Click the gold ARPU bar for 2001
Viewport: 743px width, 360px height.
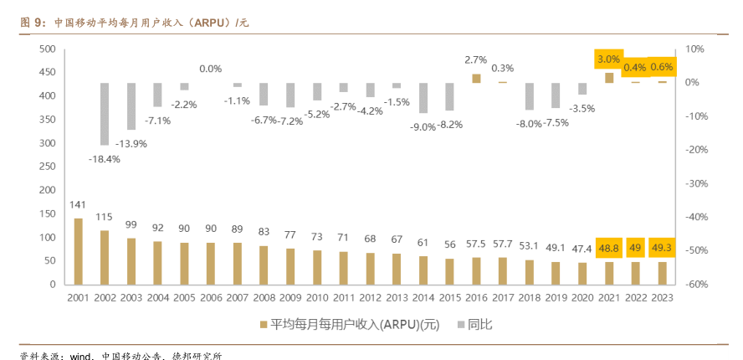pos(78,251)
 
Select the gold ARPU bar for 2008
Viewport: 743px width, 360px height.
pos(264,265)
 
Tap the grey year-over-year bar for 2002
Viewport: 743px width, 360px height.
pos(105,114)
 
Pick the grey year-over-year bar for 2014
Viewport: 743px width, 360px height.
pos(423,98)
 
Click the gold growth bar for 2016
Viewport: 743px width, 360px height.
pos(476,78)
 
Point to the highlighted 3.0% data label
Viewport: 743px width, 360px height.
pos(608,59)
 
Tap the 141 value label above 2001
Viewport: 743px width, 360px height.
pos(78,205)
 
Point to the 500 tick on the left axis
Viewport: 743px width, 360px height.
pos(47,49)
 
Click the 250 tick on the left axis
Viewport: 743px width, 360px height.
pos(47,167)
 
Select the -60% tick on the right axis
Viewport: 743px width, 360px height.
pos(698,285)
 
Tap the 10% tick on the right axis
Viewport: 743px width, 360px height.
pos(696,49)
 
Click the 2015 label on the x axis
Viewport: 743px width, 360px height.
pos(449,297)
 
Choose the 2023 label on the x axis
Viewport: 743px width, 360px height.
pos(662,297)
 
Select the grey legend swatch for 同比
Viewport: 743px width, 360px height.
pos(459,323)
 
